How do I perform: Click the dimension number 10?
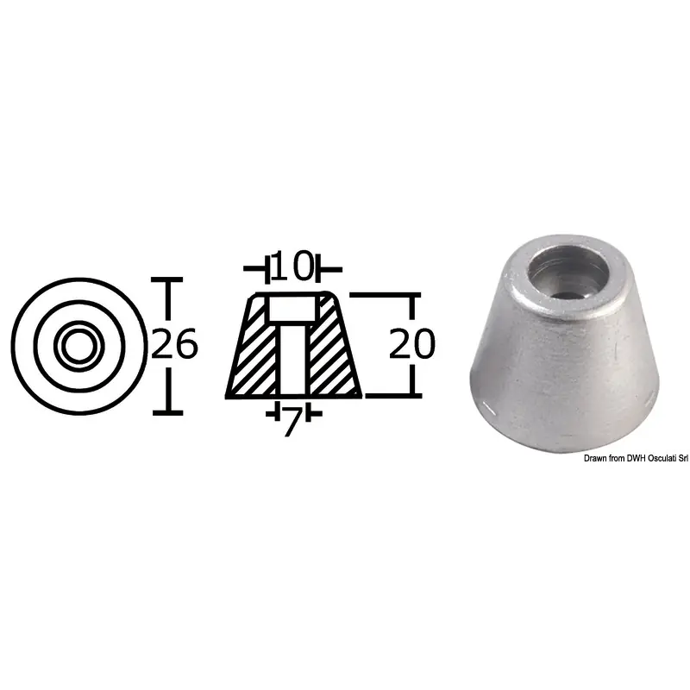coord(292,267)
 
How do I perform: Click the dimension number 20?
coord(412,343)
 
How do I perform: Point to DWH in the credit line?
coord(635,459)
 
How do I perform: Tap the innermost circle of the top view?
coord(79,346)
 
